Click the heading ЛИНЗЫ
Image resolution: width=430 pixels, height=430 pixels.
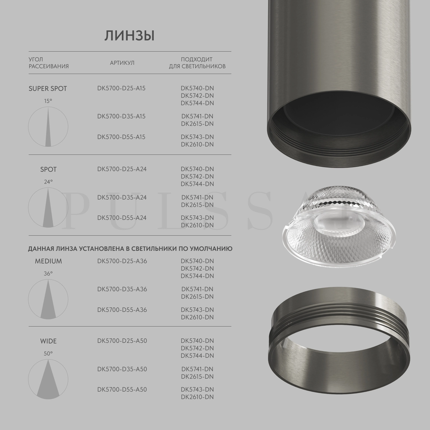pos(129,36)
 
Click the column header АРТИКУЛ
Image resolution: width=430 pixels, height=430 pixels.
pos(122,63)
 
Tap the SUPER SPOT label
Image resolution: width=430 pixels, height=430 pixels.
pos(48,89)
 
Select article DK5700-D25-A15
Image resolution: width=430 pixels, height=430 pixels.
pos(121,88)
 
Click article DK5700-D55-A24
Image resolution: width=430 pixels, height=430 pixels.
pos(122,218)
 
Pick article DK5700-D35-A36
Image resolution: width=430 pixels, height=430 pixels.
pos(122,289)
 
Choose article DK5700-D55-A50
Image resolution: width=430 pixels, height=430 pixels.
pos(122,390)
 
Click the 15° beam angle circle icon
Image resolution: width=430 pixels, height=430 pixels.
pos(48,127)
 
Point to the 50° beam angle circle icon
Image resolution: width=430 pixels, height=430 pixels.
pos(48,379)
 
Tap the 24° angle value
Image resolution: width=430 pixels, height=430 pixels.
pos(48,182)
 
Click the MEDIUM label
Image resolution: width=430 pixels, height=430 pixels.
pos(48,261)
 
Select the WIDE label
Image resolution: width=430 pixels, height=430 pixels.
pos(48,341)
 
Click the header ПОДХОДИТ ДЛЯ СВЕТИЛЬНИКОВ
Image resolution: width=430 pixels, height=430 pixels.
pos(197,63)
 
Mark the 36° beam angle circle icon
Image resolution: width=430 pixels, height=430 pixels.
pos(48,299)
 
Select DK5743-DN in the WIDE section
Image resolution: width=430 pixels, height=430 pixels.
pos(197,390)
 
